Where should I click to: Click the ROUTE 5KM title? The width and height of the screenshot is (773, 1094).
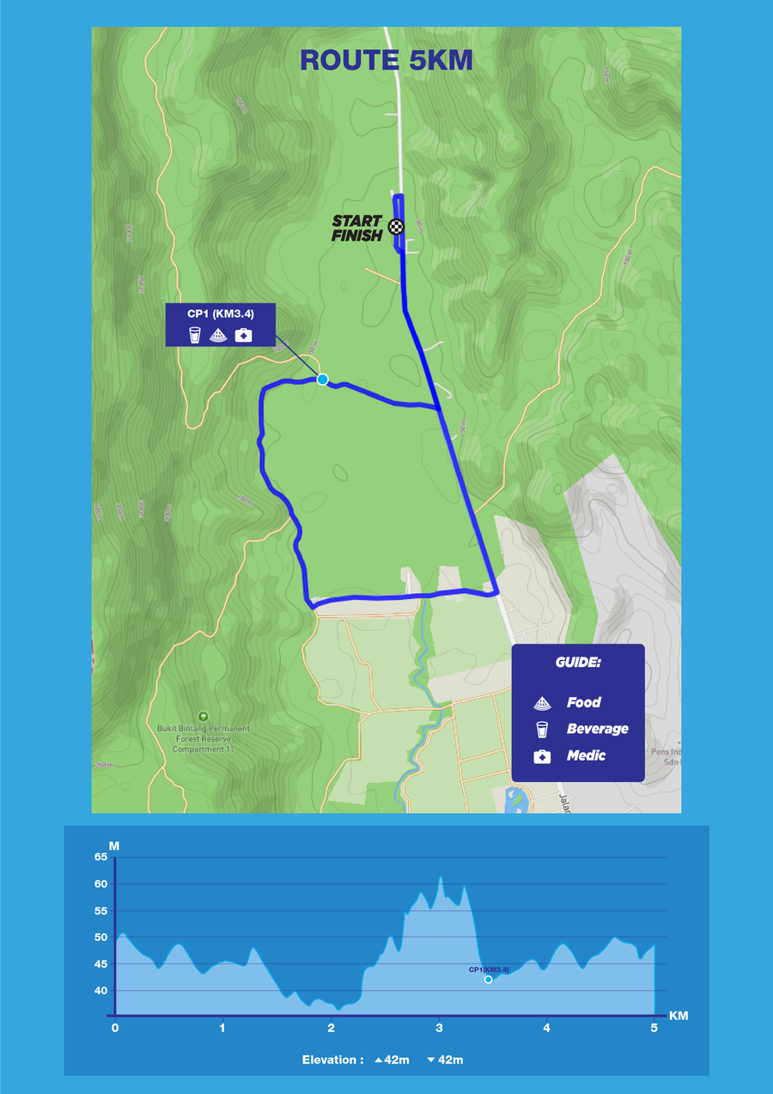tap(386, 60)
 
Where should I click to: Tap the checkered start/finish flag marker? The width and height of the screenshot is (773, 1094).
tap(395, 227)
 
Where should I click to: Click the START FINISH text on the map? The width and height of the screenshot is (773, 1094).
tap(357, 228)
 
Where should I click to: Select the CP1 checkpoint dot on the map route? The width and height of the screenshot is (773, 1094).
tap(322, 379)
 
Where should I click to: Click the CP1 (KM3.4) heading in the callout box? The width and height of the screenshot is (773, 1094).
tap(220, 314)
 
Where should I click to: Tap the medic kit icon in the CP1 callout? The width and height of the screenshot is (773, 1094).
tap(243, 335)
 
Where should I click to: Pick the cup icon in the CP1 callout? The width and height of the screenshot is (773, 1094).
tap(196, 335)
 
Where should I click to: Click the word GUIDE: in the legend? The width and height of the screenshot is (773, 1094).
tap(577, 664)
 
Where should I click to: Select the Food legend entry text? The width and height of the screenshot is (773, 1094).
tap(583, 703)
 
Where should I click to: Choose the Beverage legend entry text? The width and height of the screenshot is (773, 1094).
tap(597, 729)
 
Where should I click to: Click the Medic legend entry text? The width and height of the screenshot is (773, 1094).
tap(586, 755)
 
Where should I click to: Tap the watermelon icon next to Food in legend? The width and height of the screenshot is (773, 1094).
tap(542, 704)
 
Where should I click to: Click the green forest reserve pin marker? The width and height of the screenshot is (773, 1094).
tap(203, 716)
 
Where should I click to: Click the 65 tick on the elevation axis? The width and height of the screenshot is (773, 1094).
tap(100, 857)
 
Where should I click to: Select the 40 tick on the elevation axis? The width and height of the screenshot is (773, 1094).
tap(100, 991)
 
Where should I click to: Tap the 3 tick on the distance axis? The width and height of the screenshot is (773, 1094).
tap(439, 1027)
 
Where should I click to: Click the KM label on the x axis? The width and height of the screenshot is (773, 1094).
tap(678, 1016)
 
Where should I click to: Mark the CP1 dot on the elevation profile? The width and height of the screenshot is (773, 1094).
tap(488, 979)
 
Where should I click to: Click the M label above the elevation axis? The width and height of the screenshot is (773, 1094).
tap(113, 846)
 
